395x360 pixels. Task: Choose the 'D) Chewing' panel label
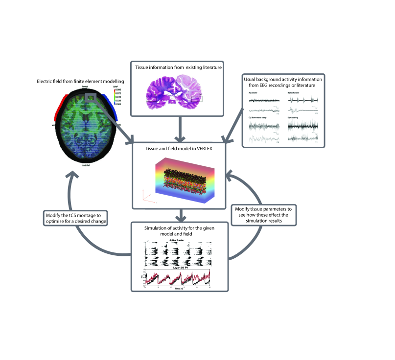click(x=294, y=117)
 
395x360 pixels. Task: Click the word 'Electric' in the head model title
click(x=46, y=81)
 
